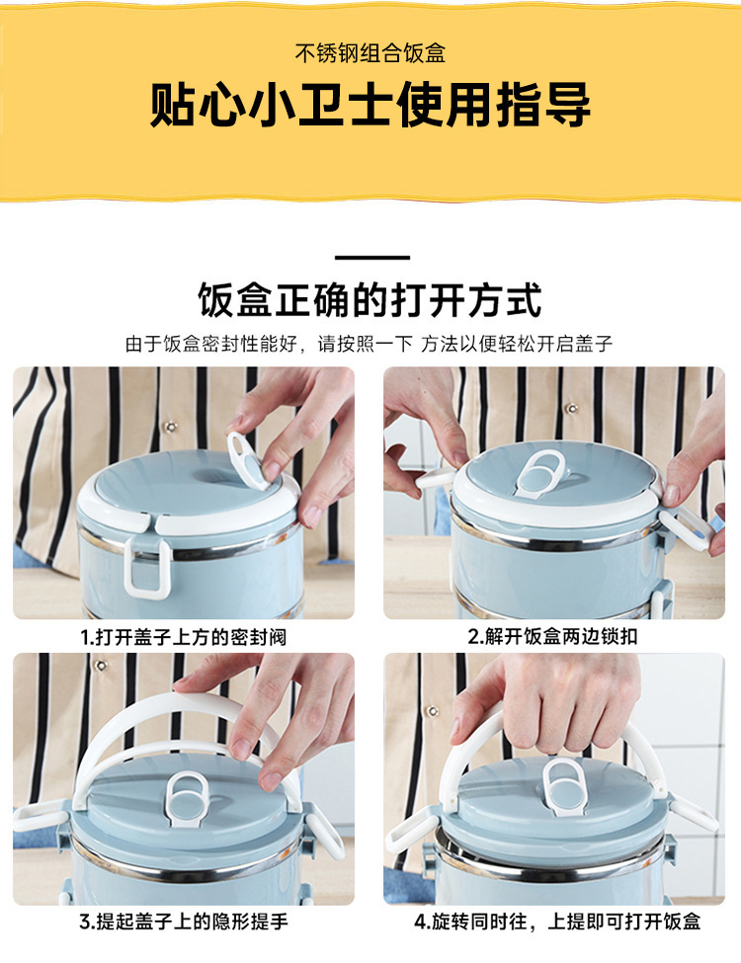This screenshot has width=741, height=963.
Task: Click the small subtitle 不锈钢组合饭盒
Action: click(x=370, y=53)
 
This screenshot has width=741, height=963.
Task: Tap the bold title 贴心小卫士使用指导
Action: click(x=370, y=105)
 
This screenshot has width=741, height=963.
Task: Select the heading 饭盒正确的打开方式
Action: click(x=370, y=299)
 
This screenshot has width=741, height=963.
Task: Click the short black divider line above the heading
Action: click(x=372, y=258)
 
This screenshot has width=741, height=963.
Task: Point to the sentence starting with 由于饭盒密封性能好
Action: click(x=370, y=344)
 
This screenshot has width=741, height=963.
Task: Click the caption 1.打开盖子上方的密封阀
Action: click(x=183, y=637)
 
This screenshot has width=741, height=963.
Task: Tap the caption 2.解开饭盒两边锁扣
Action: click(x=552, y=636)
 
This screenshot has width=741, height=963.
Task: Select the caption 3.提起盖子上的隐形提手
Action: click(x=183, y=922)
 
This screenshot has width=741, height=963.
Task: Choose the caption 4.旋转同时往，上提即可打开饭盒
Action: click(x=556, y=922)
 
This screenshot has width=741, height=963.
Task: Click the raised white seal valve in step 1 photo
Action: click(x=246, y=459)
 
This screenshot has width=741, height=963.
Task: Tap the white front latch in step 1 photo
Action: click(x=147, y=568)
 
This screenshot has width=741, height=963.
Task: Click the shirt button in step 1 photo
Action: click(x=171, y=427)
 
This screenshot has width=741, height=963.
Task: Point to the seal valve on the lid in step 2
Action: click(x=541, y=473)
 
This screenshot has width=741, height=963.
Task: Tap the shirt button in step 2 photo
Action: click(x=572, y=409)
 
